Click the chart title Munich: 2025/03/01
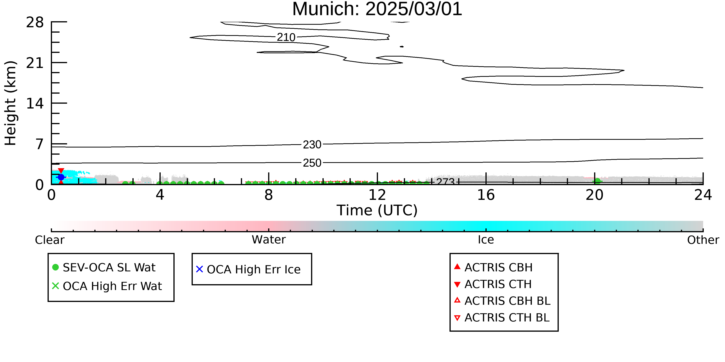[377, 9]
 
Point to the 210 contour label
[286, 37]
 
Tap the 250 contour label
[312, 163]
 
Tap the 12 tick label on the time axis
[377, 195]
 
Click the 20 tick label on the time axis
[594, 195]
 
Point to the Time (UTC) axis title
[377, 210]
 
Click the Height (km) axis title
[10, 103]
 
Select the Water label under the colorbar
[269, 240]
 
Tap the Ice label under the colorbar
[486, 240]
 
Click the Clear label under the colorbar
[49, 240]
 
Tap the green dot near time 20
[597, 181]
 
